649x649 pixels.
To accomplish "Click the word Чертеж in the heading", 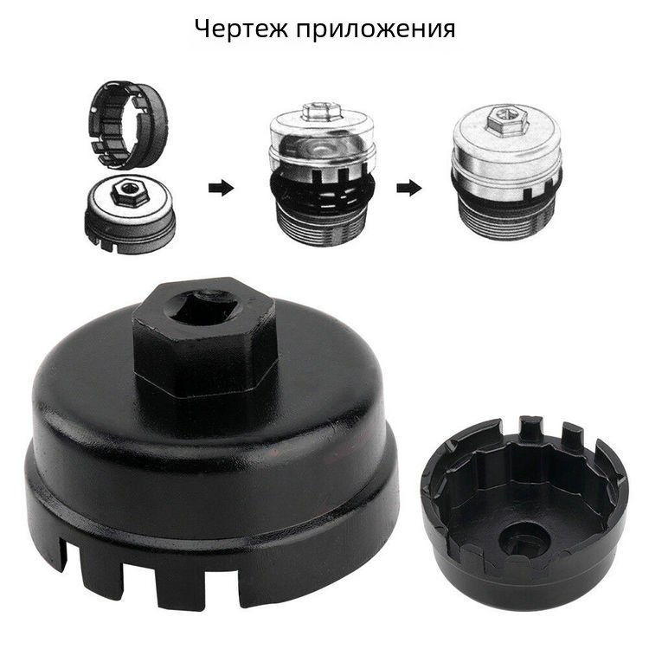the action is pyautogui.click(x=241, y=29).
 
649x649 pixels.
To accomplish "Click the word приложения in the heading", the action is pyautogui.click(x=376, y=29).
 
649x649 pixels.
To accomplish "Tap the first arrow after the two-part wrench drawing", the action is pyautogui.click(x=221, y=189).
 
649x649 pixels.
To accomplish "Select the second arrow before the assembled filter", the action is pyautogui.click(x=409, y=189).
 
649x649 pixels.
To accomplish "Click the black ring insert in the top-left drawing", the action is pyautogui.click(x=128, y=125).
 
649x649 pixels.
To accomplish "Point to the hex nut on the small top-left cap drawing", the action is pyautogui.click(x=131, y=193).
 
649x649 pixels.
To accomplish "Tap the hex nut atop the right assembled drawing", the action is pyautogui.click(x=507, y=120).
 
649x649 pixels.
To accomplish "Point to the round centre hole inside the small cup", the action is pyautogui.click(x=524, y=541).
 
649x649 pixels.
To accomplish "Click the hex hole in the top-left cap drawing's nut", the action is pyautogui.click(x=129, y=189).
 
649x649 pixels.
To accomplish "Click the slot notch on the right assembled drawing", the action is pyautogui.click(x=528, y=192).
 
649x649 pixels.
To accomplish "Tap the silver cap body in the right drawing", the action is pyautogui.click(x=507, y=157).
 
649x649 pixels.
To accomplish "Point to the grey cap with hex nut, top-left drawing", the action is pyautogui.click(x=130, y=213).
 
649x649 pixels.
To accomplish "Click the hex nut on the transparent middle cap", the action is pyautogui.click(x=322, y=112).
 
